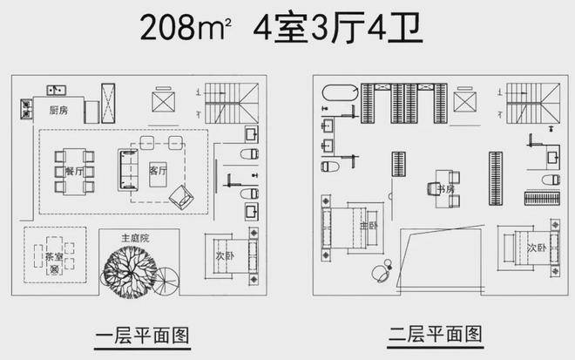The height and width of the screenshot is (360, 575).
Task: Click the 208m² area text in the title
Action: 186,27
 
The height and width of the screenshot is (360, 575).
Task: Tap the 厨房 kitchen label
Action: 58,110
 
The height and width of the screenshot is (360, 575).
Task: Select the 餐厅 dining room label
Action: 74,172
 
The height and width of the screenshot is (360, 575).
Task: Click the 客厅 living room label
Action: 158,170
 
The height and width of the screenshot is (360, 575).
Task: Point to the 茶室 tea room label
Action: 54,256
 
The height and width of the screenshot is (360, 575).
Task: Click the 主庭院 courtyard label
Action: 135,238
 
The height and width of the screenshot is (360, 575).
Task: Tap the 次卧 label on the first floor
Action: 225,255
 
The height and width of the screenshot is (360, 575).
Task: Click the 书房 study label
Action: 446,189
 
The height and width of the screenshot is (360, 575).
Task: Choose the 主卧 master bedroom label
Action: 369,225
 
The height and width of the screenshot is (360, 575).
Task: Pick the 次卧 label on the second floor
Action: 537,248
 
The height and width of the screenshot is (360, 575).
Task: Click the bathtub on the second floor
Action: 340,92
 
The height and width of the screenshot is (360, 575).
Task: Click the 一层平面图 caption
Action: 142,336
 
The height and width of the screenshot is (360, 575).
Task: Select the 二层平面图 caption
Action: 436,334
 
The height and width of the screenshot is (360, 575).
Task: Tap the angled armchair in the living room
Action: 181,197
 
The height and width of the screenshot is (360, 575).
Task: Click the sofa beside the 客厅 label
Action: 128,170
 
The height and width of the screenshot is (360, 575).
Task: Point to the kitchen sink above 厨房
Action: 57,90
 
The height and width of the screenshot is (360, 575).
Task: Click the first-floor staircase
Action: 232,103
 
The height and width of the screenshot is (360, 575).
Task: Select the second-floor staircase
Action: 533,103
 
